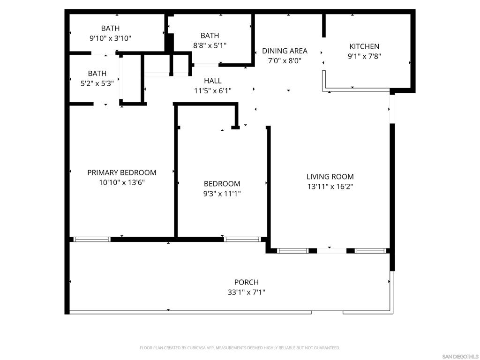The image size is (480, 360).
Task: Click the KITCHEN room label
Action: coord(364,46)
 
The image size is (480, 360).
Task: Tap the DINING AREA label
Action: coord(285,51)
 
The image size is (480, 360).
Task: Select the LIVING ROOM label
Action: coord(330,177)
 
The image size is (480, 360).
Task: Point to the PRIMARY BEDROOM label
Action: coord(122,172)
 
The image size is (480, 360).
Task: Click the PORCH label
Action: coord(247,282)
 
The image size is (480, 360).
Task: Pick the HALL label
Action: coord(213,81)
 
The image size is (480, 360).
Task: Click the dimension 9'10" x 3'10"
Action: coord(110,38)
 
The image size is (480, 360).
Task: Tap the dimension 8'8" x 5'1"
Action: coord(210,45)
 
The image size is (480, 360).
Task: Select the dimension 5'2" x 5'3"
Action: coord(97,83)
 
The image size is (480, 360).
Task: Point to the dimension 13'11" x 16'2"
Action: coord(330,187)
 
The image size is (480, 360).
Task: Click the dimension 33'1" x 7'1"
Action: coord(247,292)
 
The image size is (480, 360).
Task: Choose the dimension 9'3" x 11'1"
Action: coord(222,194)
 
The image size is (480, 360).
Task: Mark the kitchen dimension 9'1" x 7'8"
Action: coord(364,56)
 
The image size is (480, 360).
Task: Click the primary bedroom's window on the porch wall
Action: coord(92,240)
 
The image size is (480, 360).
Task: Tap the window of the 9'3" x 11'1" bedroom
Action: coord(242,240)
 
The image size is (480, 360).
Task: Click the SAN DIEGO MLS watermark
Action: coord(460,357)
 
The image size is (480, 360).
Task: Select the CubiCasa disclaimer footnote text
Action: coord(240,348)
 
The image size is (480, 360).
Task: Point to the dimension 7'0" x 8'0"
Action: coord(285,60)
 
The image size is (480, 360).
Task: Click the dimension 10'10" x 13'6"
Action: coord(122,182)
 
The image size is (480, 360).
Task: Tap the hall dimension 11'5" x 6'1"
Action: coord(213,90)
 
